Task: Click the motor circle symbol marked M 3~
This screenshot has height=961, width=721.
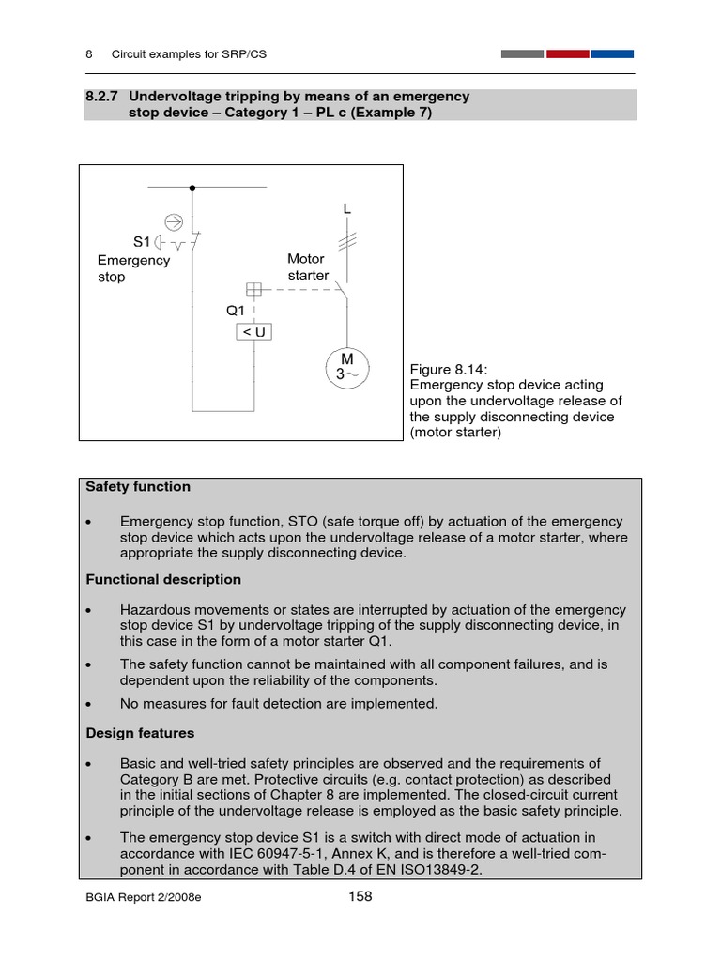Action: [346, 366]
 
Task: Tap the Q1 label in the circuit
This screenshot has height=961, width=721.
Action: [235, 311]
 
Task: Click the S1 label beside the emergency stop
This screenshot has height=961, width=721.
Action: [142, 242]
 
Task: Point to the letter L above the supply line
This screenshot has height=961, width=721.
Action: [347, 210]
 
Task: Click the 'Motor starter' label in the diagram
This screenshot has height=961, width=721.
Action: [308, 267]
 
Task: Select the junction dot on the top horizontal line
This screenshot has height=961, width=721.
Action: [192, 188]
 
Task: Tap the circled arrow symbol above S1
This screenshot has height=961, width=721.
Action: [174, 221]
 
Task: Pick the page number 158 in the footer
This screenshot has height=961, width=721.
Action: [360, 896]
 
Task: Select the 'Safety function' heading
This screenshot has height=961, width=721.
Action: [138, 487]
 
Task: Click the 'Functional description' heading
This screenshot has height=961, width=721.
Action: [163, 579]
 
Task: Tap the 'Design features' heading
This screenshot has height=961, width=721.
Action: [140, 733]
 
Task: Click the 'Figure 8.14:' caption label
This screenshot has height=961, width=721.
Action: [449, 370]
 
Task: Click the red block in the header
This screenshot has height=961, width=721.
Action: [567, 54]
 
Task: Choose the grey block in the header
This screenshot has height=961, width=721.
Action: [522, 54]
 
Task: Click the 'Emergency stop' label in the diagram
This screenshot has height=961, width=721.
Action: [133, 268]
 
